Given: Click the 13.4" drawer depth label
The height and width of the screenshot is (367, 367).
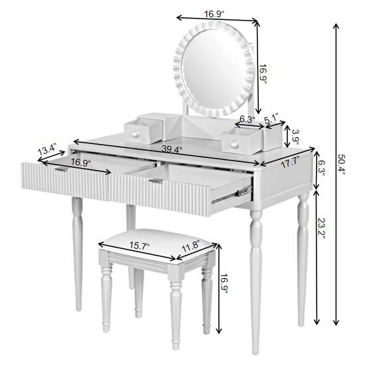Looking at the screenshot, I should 47,149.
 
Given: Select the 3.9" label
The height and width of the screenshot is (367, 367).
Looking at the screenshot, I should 295,137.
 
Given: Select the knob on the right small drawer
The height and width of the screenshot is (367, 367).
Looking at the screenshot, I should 234,142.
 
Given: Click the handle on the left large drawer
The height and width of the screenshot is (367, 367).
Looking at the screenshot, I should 60,170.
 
